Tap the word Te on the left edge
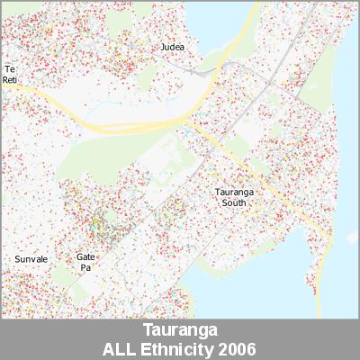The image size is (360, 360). [10, 69]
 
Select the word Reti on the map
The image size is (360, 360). [11, 80]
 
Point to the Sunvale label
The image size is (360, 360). [31, 259]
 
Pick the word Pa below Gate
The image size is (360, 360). [86, 267]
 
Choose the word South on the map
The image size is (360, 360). [234, 203]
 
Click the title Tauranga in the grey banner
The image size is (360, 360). [180, 330]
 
